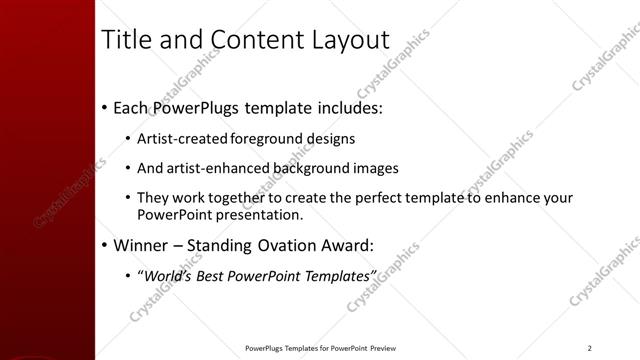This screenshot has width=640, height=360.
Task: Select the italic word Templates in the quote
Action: pyautogui.click(x=336, y=275)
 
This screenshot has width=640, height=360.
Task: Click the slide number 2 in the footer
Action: pyautogui.click(x=590, y=348)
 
